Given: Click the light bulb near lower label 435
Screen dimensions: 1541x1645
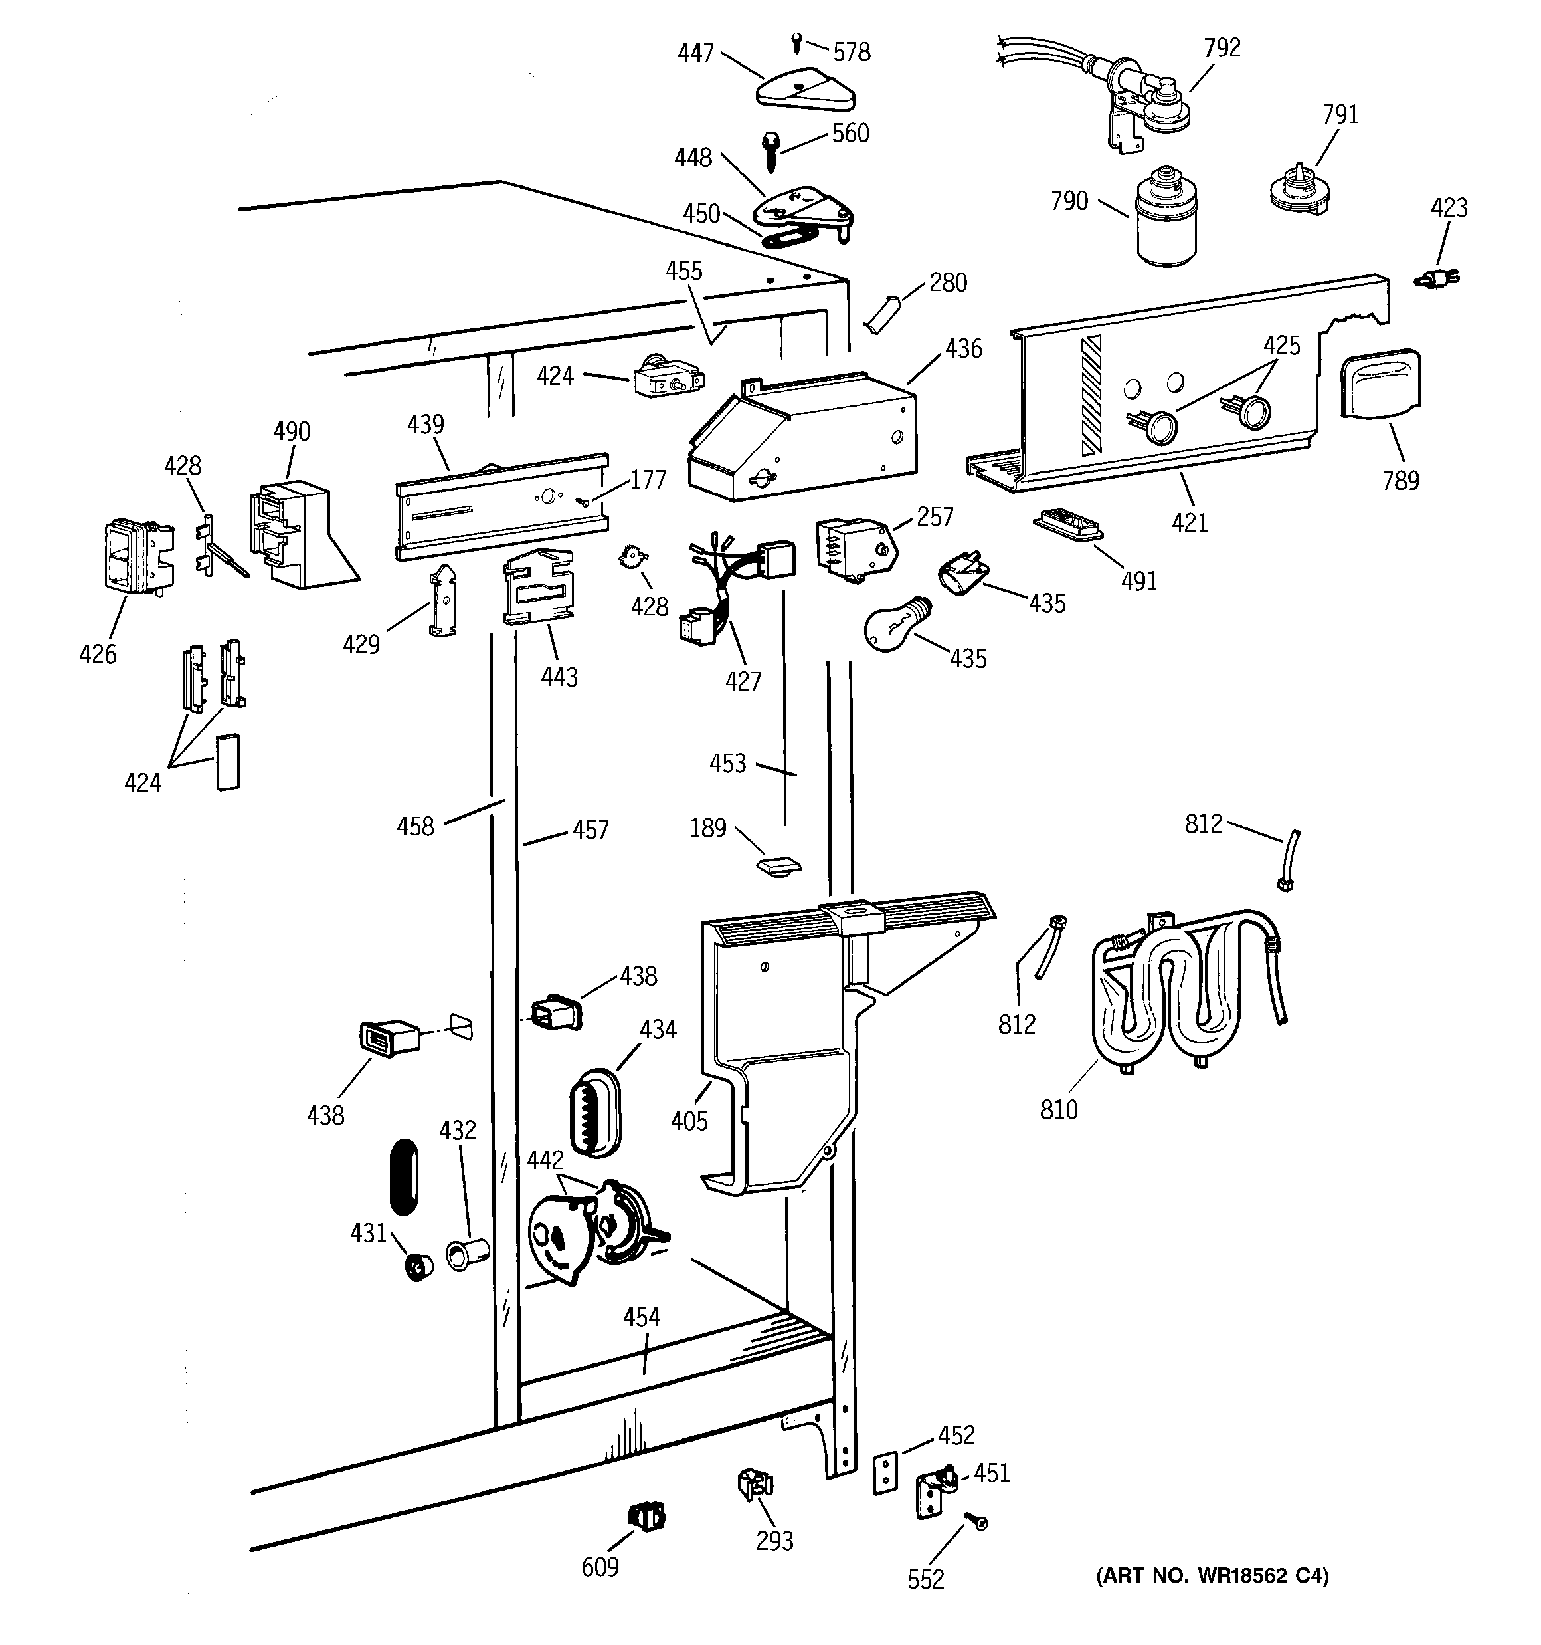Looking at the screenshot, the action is pyautogui.click(x=897, y=624).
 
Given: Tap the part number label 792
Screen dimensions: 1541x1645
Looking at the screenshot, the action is pyautogui.click(x=1223, y=48).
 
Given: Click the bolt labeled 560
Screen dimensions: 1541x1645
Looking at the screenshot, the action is pyautogui.click(x=772, y=152).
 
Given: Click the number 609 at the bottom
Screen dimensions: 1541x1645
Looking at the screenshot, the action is pyautogui.click(x=600, y=1567).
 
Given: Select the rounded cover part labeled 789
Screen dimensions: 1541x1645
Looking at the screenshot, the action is pyautogui.click(x=1379, y=385).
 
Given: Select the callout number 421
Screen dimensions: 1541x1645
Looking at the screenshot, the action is pyautogui.click(x=1190, y=523).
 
